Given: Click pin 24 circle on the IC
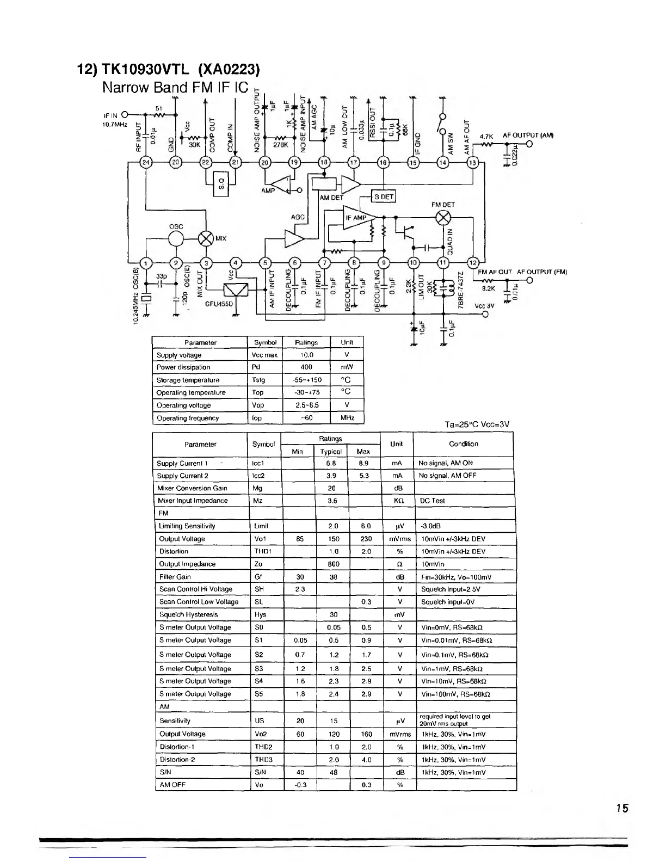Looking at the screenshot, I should (145, 162).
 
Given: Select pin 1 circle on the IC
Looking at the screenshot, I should (145, 263).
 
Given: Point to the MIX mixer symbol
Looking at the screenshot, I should (206, 239).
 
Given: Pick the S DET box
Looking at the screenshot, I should (384, 196).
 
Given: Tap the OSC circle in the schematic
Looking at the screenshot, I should (176, 239).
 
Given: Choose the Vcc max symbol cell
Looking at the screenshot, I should (265, 355).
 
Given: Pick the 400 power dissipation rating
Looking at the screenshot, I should (306, 367).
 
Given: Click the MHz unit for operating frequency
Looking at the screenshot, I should (347, 418).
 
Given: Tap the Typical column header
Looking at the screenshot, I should (330, 452).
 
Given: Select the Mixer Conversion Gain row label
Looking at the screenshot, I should (192, 488).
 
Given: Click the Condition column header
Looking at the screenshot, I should (463, 444).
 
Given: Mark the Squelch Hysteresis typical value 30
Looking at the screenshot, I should (334, 614).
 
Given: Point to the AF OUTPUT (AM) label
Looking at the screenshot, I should (528, 136).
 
